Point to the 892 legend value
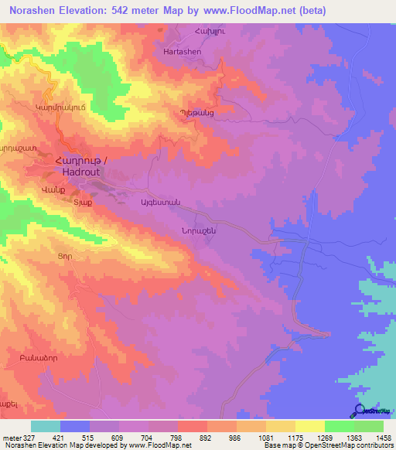[206, 438]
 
